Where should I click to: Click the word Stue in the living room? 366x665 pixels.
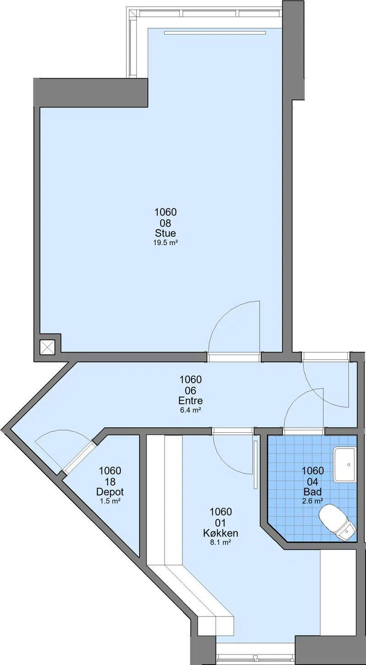tap(166, 233)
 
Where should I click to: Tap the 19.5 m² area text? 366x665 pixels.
tap(166, 242)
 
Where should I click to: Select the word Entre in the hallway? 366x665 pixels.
tap(190, 401)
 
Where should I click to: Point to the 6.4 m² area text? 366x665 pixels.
tap(191, 410)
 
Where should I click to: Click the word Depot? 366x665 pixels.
tap(110, 492)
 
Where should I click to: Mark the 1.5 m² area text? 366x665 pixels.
tap(110, 501)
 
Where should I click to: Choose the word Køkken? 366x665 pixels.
tap(221, 533)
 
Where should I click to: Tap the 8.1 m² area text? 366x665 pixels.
tap(221, 542)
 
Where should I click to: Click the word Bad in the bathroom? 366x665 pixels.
tap(312, 492)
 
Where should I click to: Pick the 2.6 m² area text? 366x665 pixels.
tap(312, 501)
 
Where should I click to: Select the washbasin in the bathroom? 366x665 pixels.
tap(344, 465)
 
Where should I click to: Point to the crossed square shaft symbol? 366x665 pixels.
tap(48, 347)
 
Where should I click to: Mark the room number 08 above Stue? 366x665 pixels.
tap(166, 223)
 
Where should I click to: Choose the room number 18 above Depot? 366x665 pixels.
tap(110, 482)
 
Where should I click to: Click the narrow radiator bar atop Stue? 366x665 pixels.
tap(215, 32)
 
